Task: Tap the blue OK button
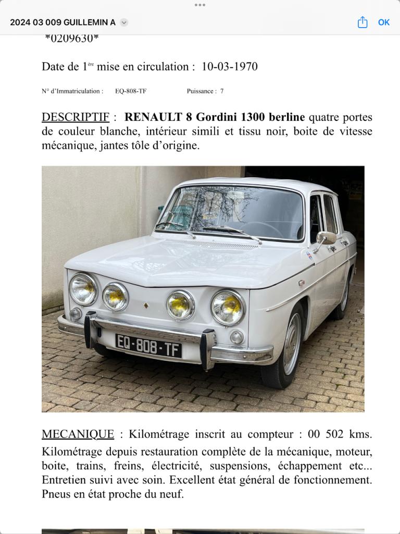(x=384, y=22)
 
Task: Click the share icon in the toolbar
(x=362, y=22)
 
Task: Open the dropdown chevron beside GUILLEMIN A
(x=124, y=22)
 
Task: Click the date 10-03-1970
(x=229, y=67)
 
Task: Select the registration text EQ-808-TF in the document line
(x=131, y=91)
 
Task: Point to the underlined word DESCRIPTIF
(x=76, y=117)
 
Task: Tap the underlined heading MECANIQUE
(x=78, y=434)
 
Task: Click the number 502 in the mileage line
(x=335, y=434)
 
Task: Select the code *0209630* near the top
(x=72, y=38)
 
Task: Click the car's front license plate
(x=148, y=346)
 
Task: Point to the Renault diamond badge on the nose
(x=146, y=306)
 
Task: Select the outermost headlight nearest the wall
(x=83, y=289)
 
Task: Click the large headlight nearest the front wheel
(x=228, y=308)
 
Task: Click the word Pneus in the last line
(x=56, y=494)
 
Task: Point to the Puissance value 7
(x=222, y=91)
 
